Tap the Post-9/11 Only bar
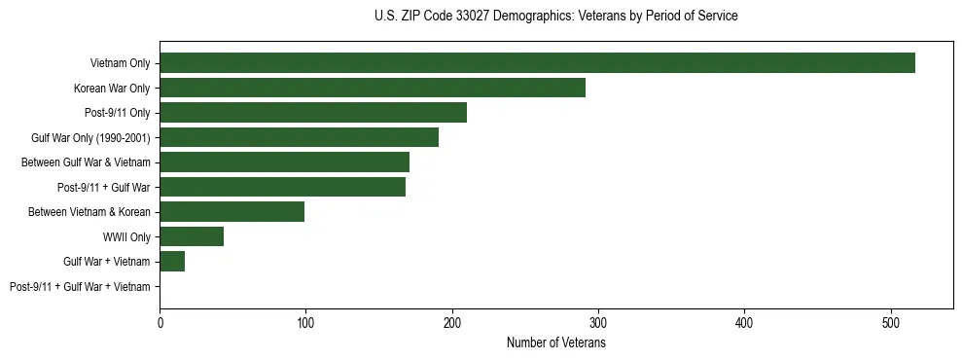pos(313,112)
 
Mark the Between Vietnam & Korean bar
pos(232,211)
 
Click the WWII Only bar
pos(192,236)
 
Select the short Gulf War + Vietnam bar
pos(172,261)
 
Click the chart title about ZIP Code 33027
pos(555,17)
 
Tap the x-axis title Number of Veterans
pos(555,342)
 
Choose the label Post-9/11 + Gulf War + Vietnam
pos(80,286)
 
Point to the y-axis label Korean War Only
pos(112,88)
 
